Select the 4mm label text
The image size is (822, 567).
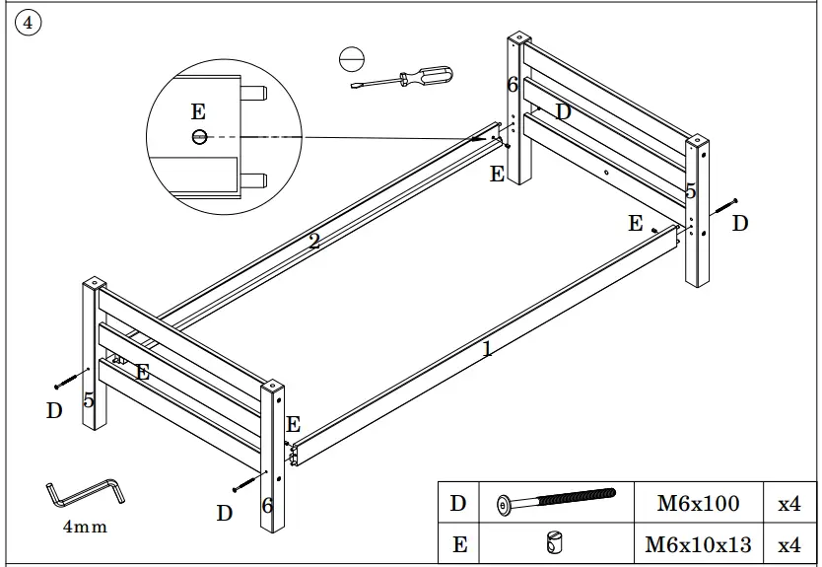(85, 528)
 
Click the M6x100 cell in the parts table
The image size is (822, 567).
(698, 504)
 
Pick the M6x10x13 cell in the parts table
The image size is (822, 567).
(698, 543)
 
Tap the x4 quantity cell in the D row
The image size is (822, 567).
(789, 504)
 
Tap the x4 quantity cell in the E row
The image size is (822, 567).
(789, 543)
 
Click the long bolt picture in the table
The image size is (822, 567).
(556, 503)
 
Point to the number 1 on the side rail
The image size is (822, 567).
(487, 349)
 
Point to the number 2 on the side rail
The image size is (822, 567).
(313, 241)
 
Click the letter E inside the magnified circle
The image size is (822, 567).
(198, 112)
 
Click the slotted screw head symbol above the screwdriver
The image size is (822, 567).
(350, 58)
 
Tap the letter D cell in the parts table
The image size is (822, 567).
(458, 504)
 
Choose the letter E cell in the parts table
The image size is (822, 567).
(458, 543)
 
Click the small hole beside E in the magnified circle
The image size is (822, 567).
(199, 136)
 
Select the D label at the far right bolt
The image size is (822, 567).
(740, 224)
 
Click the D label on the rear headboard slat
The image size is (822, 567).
(564, 112)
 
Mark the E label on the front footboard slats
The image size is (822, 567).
(143, 373)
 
